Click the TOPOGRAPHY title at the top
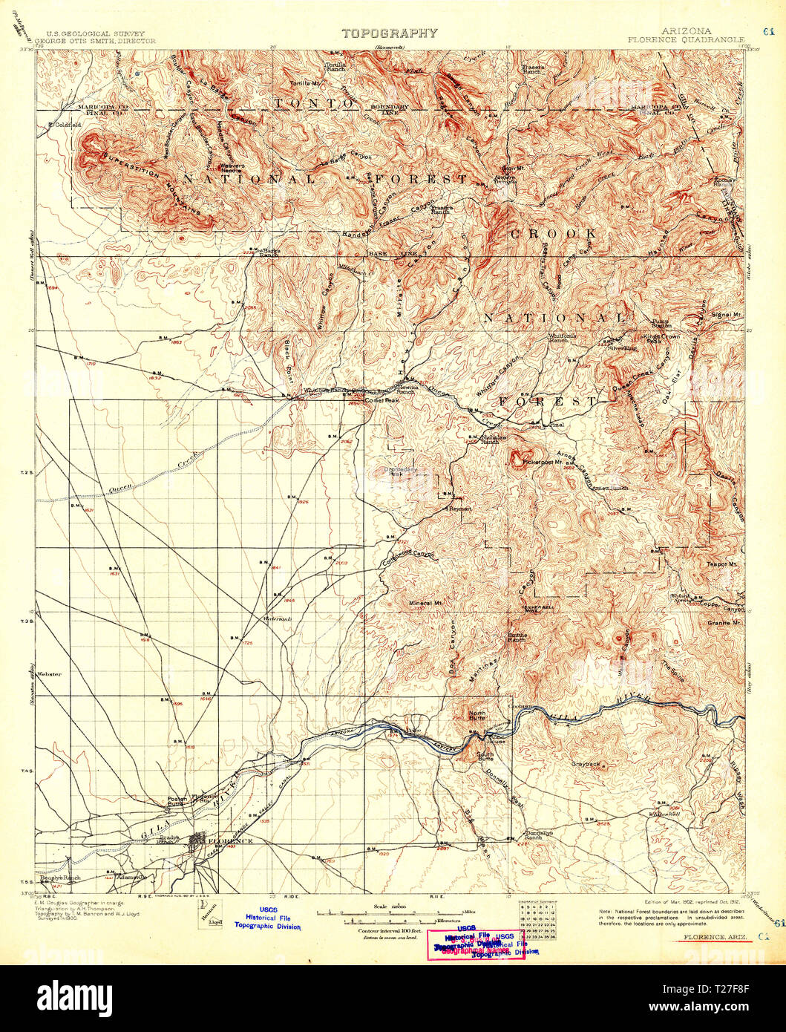click(389, 33)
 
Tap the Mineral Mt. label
click(425, 603)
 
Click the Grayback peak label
click(585, 763)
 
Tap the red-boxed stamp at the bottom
click(475, 944)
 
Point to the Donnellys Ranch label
click(539, 835)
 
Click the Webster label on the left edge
click(52, 674)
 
